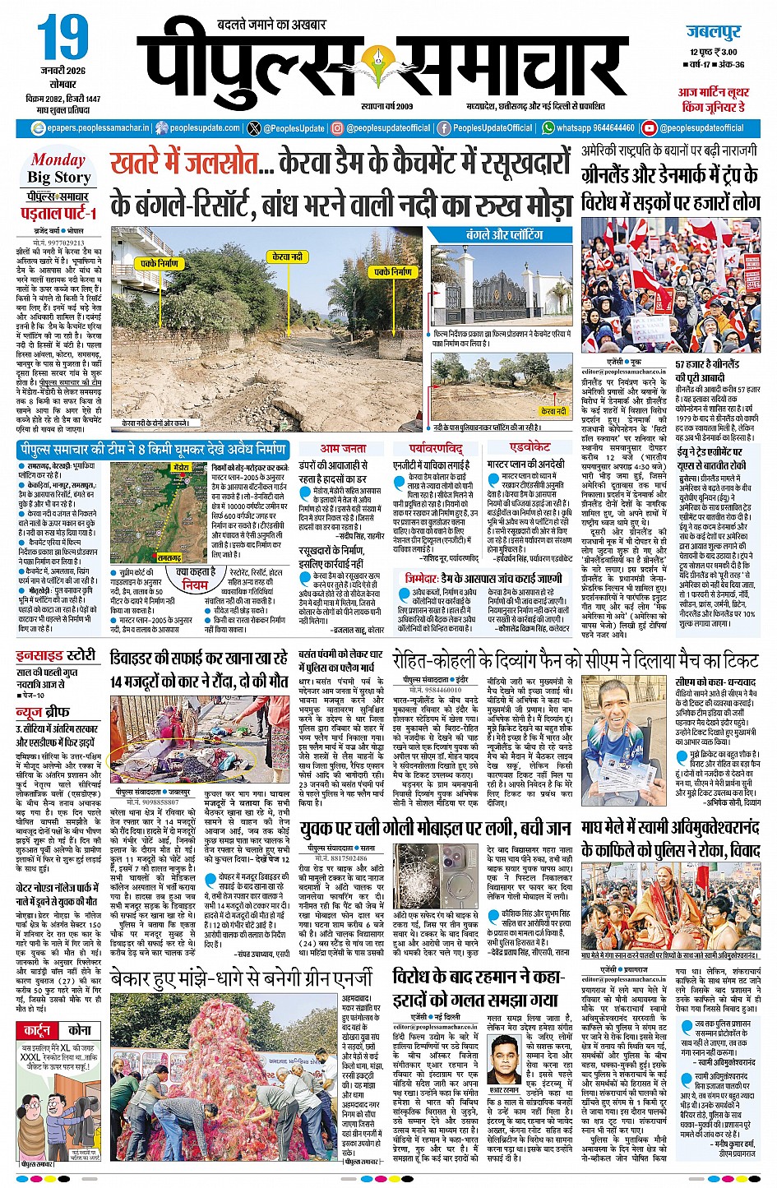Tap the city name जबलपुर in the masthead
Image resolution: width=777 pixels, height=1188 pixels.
713,33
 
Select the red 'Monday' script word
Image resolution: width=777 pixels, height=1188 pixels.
58,159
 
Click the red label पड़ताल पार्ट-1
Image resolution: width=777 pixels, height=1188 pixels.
58,214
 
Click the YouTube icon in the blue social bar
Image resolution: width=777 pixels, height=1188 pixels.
650,128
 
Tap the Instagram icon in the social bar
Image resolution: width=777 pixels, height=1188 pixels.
337,128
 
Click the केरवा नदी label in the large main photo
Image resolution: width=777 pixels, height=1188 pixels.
287,257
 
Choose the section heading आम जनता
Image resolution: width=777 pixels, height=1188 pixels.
344,448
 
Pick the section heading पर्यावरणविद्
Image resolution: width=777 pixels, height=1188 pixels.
436,448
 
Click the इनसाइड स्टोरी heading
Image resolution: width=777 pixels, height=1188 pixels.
56,655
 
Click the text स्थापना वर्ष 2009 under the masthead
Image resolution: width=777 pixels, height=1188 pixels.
386,106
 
